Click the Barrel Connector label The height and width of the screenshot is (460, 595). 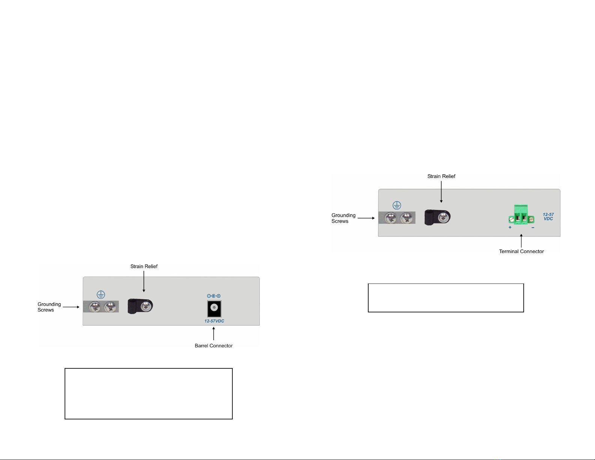click(x=214, y=345)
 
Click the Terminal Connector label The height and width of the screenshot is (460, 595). click(x=521, y=251)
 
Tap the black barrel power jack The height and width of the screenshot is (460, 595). click(x=214, y=308)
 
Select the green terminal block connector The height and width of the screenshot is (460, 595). click(x=521, y=215)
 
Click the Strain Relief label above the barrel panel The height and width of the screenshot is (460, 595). click(x=144, y=266)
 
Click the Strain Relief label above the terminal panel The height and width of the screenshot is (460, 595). click(x=441, y=176)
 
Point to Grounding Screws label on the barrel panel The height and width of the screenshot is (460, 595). click(x=49, y=307)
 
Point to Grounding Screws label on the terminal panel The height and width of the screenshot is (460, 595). click(x=343, y=218)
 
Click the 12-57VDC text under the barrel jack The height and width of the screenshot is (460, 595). click(x=214, y=321)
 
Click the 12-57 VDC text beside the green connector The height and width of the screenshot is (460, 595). click(x=548, y=217)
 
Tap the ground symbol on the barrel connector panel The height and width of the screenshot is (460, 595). click(x=101, y=295)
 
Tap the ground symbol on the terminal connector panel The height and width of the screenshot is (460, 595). click(x=397, y=205)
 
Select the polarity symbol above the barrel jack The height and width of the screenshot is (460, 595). click(x=214, y=296)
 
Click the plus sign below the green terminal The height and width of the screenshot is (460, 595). click(x=510, y=228)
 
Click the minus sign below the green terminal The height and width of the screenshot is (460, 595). click(x=533, y=228)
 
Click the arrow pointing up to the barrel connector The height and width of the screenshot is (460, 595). click(x=214, y=333)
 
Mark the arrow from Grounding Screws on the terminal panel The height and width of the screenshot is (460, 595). click(x=366, y=218)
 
